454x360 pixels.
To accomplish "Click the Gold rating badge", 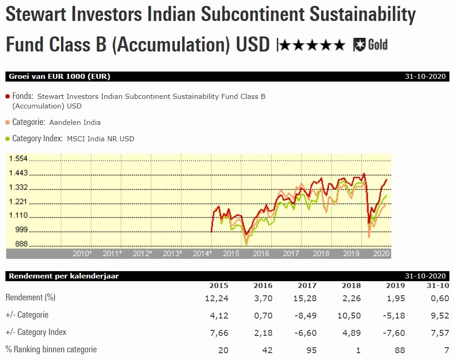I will tap(370, 45).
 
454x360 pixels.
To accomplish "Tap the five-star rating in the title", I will tap(312, 45).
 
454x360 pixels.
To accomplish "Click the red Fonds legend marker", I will tap(7, 97).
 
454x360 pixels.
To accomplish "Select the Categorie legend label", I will tap(29, 122).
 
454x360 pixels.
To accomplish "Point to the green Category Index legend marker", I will tap(7, 139).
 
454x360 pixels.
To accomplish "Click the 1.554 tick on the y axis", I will tap(19, 159).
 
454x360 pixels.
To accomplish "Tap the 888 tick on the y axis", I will tap(21, 244).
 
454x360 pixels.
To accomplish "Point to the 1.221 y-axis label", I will tap(19, 201).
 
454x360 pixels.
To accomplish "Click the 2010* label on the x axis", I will tap(82, 253).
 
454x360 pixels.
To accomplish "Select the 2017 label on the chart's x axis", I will tap(291, 253).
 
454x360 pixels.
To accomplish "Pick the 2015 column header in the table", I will tap(219, 286).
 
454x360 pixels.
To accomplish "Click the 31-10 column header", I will tap(438, 286).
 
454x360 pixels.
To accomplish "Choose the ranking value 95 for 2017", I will tap(311, 350).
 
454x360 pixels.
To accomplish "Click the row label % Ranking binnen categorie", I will tap(51, 350).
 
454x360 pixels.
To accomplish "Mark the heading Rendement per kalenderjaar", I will tap(64, 276).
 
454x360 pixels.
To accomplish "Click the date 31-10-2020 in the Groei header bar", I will tap(425, 77).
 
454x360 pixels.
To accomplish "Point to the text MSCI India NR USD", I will tap(101, 139).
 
